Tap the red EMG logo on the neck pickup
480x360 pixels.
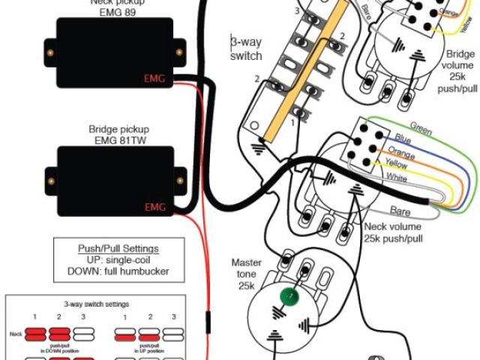coord(154,78)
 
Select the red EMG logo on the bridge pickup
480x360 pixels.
coord(154,206)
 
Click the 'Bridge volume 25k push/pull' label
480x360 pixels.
coord(459,71)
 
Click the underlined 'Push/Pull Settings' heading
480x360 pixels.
coord(119,248)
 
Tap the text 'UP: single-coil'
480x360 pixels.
coord(119,259)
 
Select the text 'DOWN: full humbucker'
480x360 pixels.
coord(119,271)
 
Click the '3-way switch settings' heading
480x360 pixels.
coord(95,304)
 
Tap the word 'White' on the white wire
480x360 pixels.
coord(397,177)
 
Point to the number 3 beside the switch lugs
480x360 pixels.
coord(297,11)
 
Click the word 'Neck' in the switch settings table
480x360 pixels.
coord(15,331)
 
